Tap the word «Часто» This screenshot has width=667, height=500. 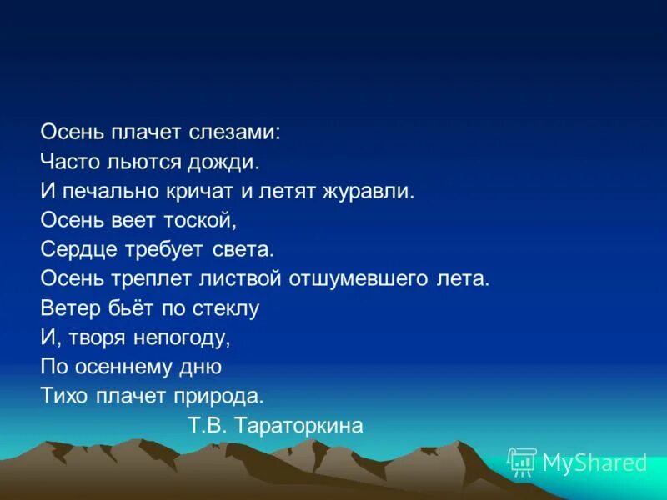point(68,161)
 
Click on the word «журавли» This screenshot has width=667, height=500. point(372,191)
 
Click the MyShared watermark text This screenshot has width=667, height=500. point(594,462)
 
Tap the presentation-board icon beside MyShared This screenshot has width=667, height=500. point(521,462)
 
